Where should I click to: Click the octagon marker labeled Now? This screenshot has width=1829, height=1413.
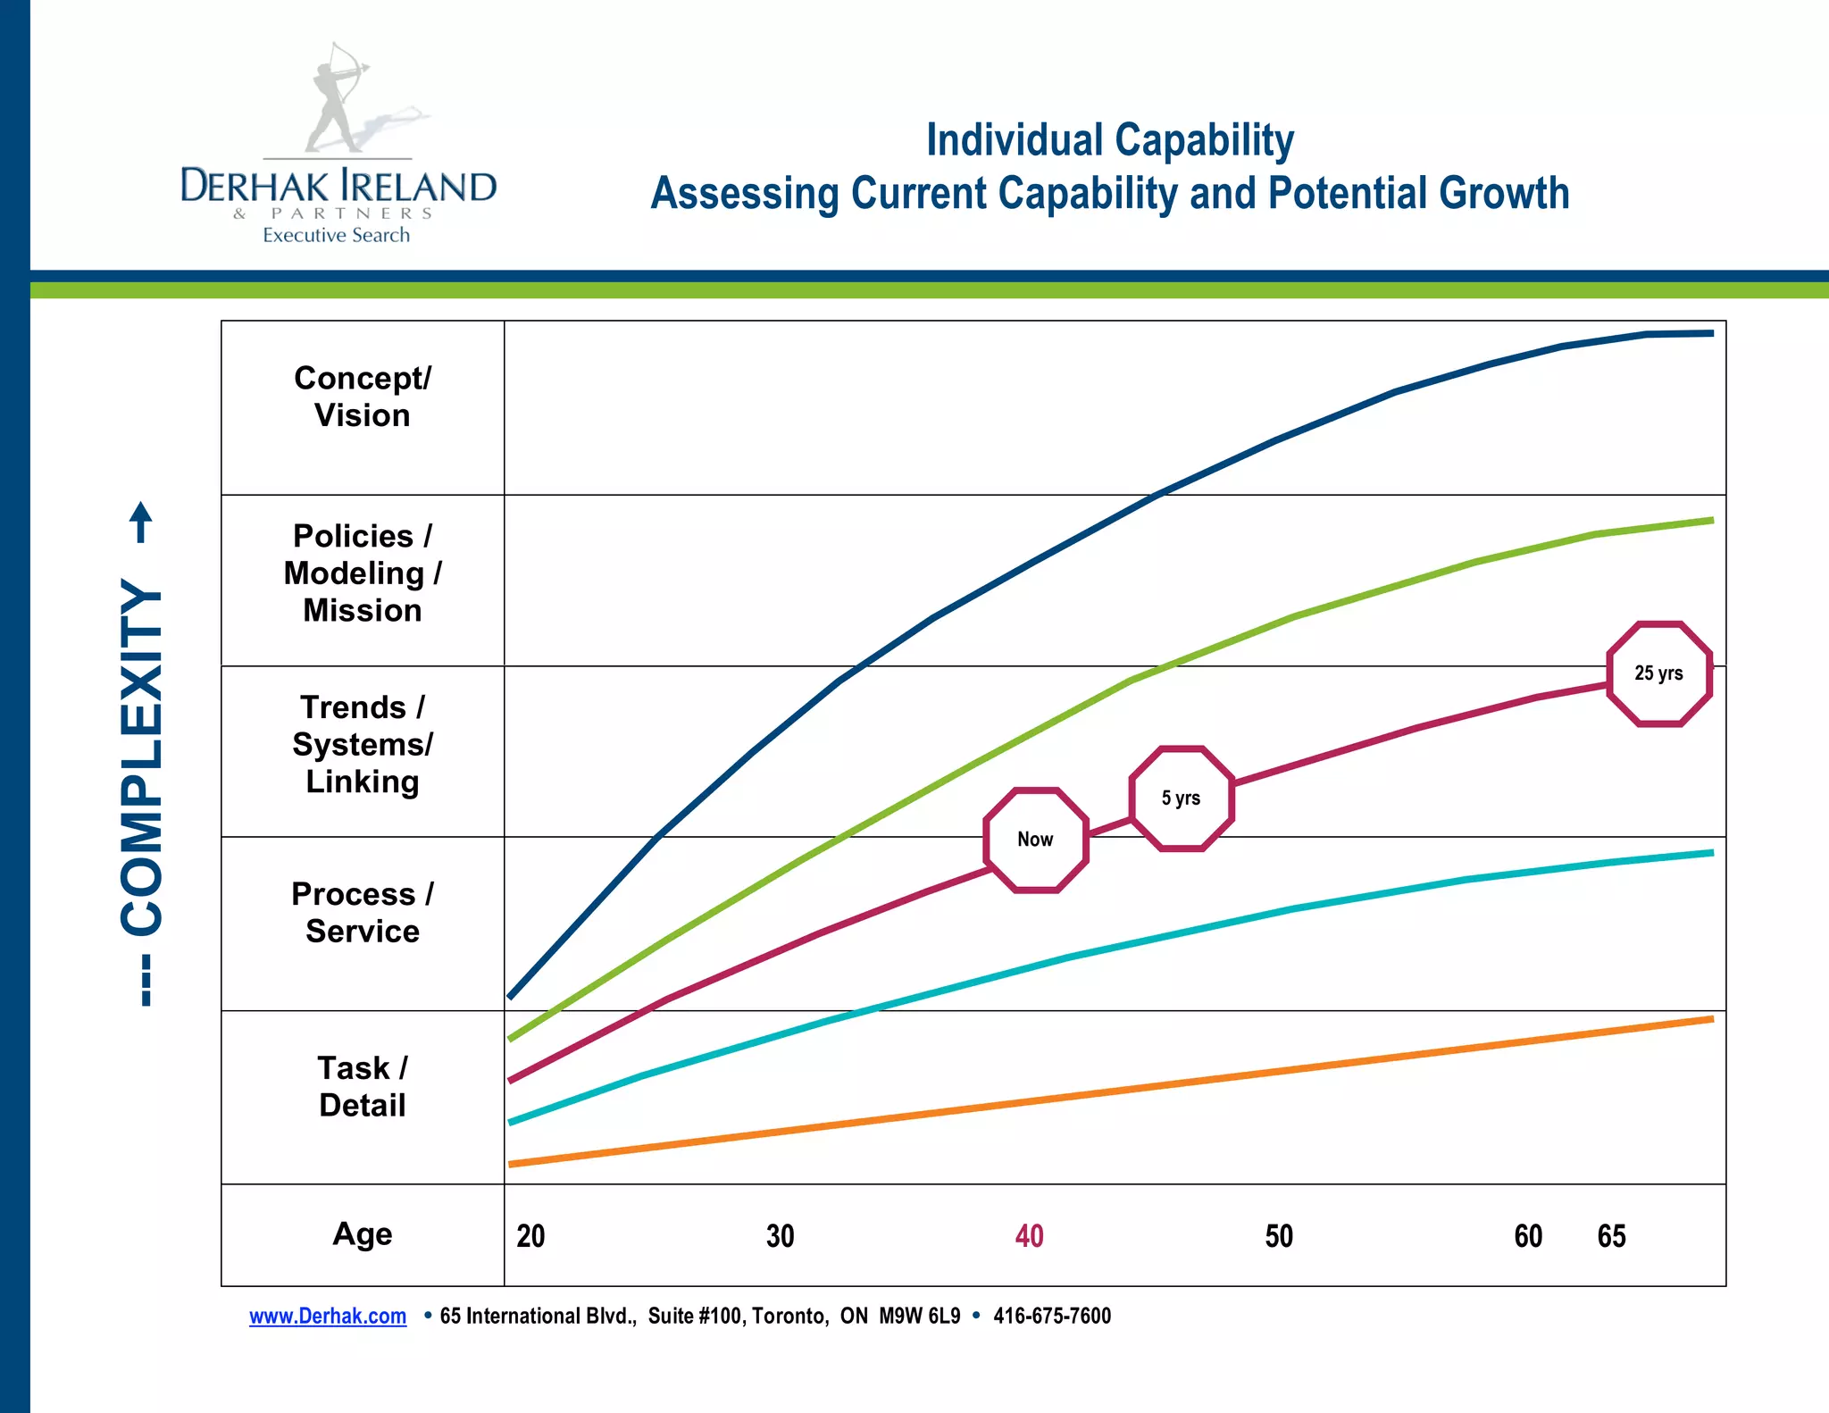pos(1036,840)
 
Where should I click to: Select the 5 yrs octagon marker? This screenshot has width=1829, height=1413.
pos(1181,798)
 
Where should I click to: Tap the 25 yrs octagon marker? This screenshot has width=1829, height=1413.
pos(1658,673)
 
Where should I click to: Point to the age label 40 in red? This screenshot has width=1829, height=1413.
pos(1029,1236)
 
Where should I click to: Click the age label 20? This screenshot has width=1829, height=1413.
pos(530,1236)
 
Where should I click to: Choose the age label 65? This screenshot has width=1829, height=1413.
pos(1611,1236)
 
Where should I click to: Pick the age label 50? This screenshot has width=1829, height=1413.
pos(1279,1236)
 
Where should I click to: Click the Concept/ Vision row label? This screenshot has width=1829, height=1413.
pos(363,397)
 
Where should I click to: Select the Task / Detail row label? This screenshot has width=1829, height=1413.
pos(363,1086)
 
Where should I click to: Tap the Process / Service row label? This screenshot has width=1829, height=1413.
pos(363,913)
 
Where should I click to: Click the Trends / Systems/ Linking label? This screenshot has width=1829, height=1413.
pos(363,744)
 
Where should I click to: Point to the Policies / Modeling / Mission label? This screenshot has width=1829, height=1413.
pos(363,573)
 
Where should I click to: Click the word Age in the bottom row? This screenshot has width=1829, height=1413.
pos(363,1233)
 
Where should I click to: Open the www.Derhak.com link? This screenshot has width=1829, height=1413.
pos(328,1316)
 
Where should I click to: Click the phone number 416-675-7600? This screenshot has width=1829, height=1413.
pos(1052,1316)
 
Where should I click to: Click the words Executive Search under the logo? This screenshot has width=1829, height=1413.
pos(336,235)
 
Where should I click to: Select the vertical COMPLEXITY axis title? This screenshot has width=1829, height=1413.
pos(142,755)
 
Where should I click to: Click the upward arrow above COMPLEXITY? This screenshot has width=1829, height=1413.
pos(141,521)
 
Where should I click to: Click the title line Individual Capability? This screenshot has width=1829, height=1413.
pos(1109,140)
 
